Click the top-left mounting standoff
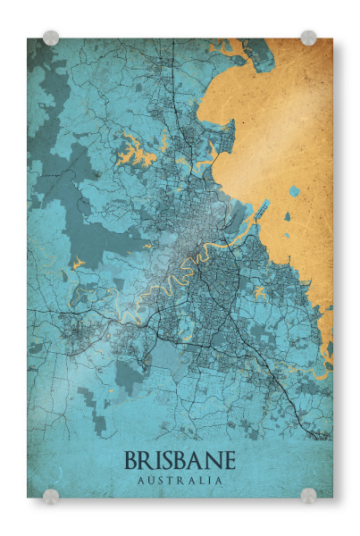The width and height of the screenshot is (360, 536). click(x=51, y=38)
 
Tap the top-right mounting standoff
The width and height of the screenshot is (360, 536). click(x=308, y=38)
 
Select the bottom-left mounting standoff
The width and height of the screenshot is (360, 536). click(x=51, y=497)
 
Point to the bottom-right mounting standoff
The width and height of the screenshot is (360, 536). click(x=308, y=497)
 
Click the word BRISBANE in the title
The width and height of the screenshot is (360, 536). click(x=180, y=461)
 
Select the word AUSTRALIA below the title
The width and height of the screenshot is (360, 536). click(x=180, y=481)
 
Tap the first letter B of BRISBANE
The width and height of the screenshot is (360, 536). click(x=131, y=461)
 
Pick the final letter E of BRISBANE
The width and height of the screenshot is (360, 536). click(x=230, y=461)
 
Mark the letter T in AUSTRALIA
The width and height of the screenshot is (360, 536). click(x=172, y=481)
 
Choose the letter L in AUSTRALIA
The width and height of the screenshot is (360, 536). click(x=201, y=481)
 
